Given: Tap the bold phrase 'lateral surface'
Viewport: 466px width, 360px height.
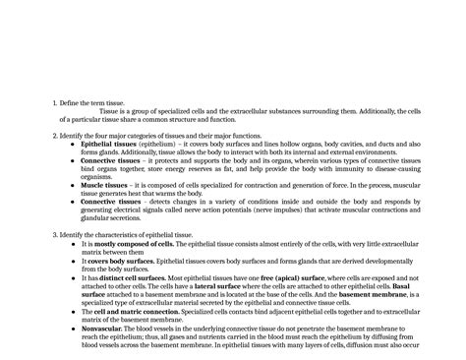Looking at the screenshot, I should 245,286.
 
